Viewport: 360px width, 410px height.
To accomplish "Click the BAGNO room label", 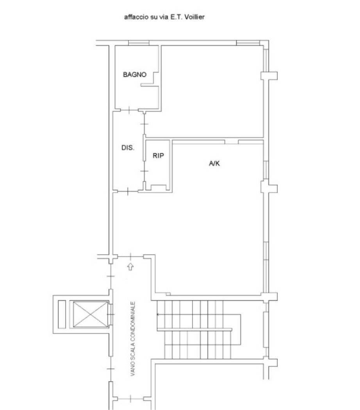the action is tap(135, 75).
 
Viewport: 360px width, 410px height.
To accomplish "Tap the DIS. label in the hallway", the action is tap(128, 148).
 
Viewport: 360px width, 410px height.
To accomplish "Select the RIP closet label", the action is tap(158, 155).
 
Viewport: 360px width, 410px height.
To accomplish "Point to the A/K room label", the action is tap(214, 164).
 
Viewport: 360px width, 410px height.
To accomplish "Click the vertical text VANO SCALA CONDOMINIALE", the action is tap(133, 339).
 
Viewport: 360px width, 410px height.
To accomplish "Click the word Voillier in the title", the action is tap(194, 17).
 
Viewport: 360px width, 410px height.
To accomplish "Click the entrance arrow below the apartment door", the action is tap(130, 267).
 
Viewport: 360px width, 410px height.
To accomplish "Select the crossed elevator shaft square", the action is tap(90, 314).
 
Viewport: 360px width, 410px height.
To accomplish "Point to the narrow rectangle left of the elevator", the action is tap(62, 314).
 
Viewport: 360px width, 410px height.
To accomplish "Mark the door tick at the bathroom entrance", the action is tap(129, 110).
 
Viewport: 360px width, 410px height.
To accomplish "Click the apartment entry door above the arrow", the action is tap(130, 257).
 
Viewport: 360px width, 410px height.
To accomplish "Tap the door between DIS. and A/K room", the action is tap(128, 191).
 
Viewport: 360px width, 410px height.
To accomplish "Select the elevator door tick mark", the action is tap(112, 314).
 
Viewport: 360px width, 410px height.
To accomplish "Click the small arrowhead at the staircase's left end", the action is tap(158, 314).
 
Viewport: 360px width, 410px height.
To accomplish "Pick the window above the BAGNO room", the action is tap(139, 43).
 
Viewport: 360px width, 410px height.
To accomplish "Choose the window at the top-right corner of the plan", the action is tap(248, 43).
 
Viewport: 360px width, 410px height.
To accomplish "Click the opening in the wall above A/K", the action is tap(232, 142).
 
